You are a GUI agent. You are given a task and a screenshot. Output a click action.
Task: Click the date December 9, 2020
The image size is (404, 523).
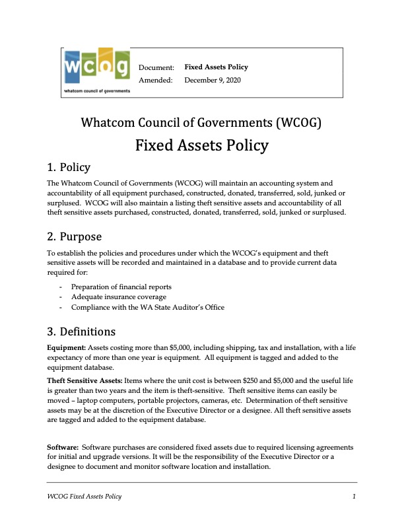click(213, 80)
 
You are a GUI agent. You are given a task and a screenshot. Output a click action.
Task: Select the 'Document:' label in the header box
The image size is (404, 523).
click(156, 67)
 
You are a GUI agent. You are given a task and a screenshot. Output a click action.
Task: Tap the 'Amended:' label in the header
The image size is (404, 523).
click(155, 80)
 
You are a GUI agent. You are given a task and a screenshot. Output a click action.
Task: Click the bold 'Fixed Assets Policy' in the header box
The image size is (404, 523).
click(216, 67)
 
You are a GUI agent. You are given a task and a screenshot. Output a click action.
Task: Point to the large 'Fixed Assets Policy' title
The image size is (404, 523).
click(202, 145)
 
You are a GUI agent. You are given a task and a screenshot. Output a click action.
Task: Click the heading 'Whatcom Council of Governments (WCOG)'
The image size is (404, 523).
click(201, 122)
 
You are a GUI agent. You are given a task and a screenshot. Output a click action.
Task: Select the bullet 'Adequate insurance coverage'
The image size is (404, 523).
click(114, 297)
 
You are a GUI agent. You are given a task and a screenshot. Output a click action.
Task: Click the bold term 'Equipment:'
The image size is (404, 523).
click(66, 347)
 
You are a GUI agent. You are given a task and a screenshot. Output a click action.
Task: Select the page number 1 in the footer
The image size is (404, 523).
click(354, 496)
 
